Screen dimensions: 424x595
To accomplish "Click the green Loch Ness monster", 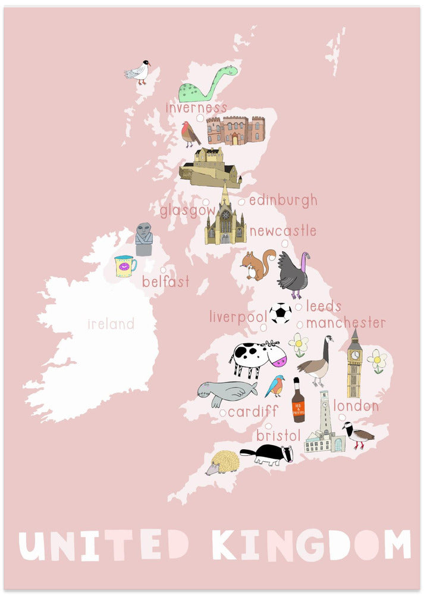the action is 205,86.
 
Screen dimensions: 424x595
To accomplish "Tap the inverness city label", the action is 196,108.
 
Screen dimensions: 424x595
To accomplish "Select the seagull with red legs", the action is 137,71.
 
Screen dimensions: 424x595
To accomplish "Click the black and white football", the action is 280,313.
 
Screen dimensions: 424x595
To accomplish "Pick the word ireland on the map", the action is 111,324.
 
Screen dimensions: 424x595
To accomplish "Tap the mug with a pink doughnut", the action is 125,266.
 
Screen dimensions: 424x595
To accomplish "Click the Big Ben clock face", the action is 354,355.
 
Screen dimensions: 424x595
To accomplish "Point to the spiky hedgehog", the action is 222,462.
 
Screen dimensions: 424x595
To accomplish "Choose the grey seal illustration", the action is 227,392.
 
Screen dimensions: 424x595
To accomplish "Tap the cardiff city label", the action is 253,411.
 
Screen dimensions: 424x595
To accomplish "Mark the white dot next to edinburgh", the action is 241,202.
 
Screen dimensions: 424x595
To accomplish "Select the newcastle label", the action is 282,231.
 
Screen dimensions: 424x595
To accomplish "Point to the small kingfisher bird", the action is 275,386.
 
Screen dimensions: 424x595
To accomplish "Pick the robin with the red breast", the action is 190,134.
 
